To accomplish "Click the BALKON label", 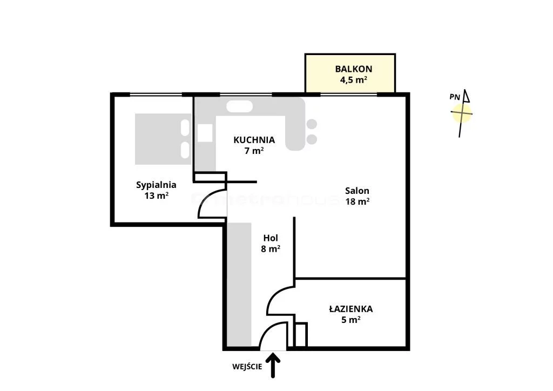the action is tap(353, 69).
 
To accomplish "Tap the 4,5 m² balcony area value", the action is tap(353, 80).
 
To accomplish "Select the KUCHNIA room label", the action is tap(254, 140).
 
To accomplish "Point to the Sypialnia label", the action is tap(156, 185).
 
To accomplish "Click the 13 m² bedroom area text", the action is tap(156, 195).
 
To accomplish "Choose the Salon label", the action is tap(357, 191).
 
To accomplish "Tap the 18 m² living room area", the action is tap(358, 201).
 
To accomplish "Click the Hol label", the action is tap(271, 238).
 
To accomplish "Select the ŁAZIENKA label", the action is tap(351, 309).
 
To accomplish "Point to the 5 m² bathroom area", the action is tap(351, 320).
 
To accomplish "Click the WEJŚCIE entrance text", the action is tap(247, 367).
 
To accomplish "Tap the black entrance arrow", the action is tap(273, 366).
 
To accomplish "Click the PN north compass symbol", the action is tap(462, 113).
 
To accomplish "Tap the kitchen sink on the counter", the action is tap(239, 106).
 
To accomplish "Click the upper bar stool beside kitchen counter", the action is tap(312, 124).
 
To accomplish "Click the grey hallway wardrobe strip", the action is tap(239, 284).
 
